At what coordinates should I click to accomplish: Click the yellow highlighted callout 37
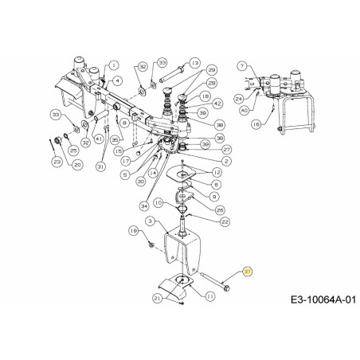click(x=248, y=272)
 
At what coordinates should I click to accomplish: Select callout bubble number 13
click(x=194, y=63)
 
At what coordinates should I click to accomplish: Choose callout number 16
click(x=277, y=125)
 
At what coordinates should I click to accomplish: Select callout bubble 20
click(x=77, y=165)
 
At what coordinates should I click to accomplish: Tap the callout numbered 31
click(x=100, y=166)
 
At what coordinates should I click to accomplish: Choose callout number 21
click(x=158, y=298)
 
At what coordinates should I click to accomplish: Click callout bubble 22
click(x=226, y=221)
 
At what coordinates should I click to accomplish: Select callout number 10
click(x=158, y=204)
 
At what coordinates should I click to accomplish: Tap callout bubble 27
click(x=227, y=150)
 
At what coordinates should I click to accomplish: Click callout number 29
click(x=212, y=70)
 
